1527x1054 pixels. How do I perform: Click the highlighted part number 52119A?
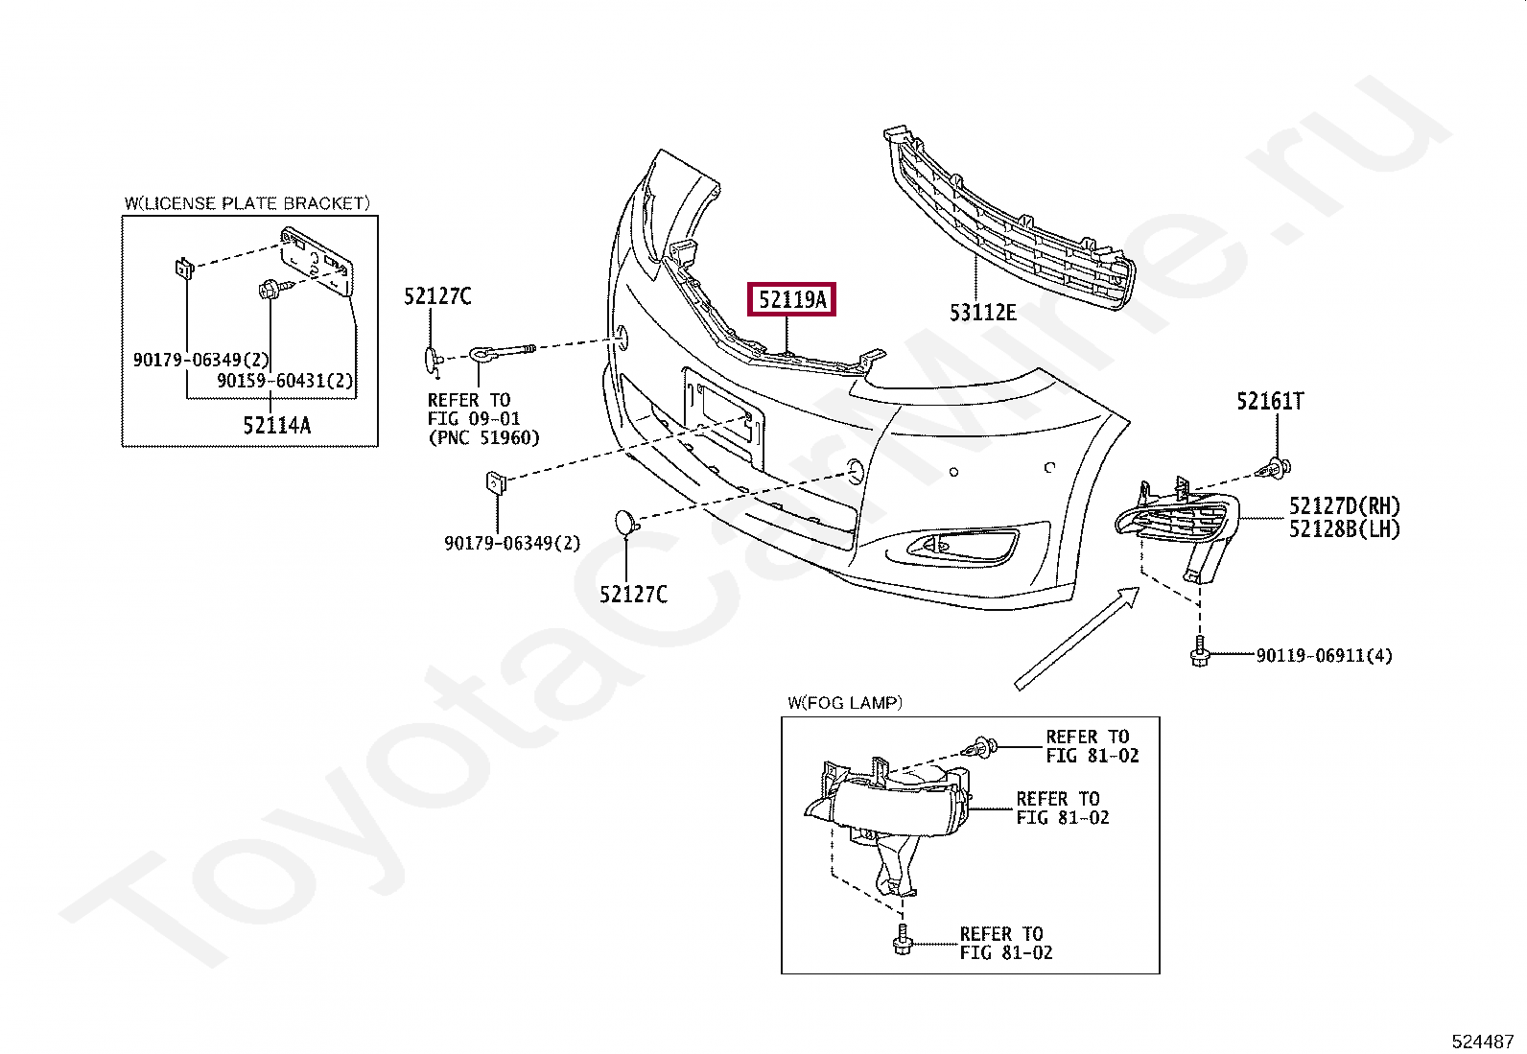pos(791,300)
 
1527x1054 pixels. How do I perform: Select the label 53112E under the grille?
pos(982,312)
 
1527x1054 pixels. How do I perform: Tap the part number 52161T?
pos(1270,402)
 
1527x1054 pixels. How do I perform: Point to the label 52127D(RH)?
pos(1344,506)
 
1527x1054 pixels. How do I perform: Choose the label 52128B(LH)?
pos(1344,528)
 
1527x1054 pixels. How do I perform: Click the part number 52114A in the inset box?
pos(276,425)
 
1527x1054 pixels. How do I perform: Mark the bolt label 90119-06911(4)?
pos(1324,656)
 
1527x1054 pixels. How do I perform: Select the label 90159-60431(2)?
pos(285,381)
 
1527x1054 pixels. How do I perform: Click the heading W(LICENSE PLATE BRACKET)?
pos(247,203)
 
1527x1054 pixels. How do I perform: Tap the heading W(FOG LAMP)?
pos(845,703)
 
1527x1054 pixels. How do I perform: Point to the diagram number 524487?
pos(1482,1041)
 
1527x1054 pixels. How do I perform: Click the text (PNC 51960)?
pos(483,437)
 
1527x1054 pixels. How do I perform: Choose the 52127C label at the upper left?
pos(437,296)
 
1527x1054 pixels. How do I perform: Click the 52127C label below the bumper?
pos(633,595)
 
